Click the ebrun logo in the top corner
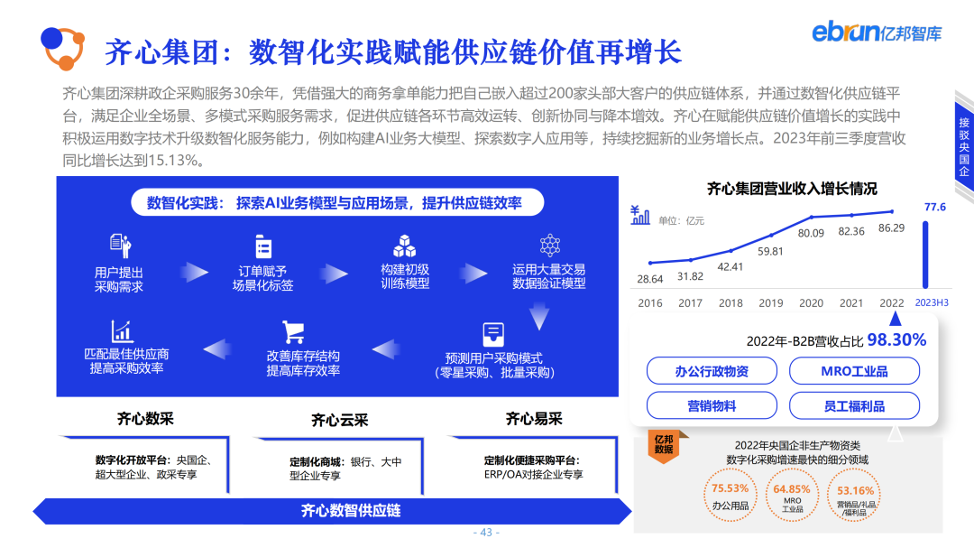click(876, 33)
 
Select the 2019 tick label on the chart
click(771, 303)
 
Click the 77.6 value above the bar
click(935, 207)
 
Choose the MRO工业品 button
click(854, 371)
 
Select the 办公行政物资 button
click(712, 371)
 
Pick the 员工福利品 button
click(854, 406)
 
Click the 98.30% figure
click(896, 339)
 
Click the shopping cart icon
click(292, 331)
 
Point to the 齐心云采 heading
click(340, 420)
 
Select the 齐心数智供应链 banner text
click(351, 510)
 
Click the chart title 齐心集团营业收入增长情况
click(791, 189)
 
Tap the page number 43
click(487, 533)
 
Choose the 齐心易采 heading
click(534, 419)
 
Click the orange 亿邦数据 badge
click(664, 443)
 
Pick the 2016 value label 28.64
click(649, 279)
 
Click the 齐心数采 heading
click(145, 419)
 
